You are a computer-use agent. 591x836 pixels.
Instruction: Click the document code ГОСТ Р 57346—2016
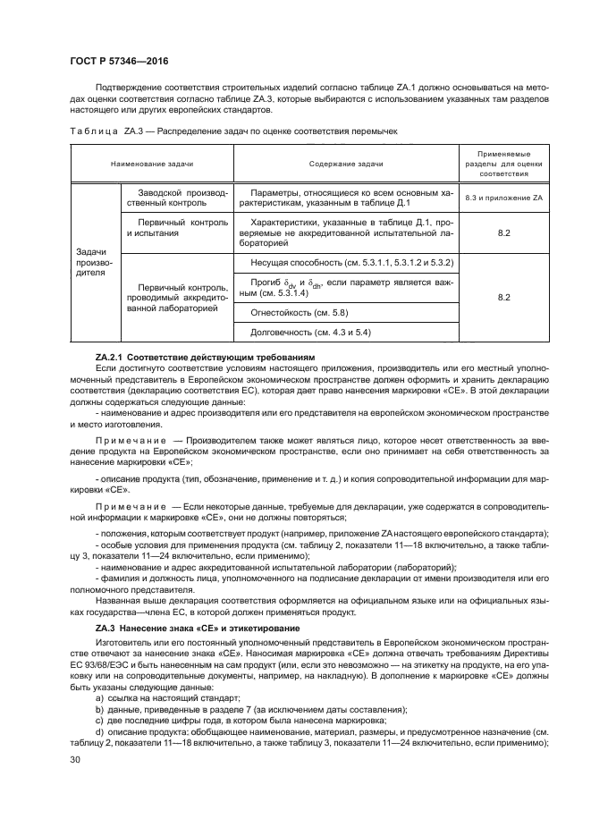pos(119,62)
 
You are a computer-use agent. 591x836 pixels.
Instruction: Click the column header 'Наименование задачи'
pos(152,165)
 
